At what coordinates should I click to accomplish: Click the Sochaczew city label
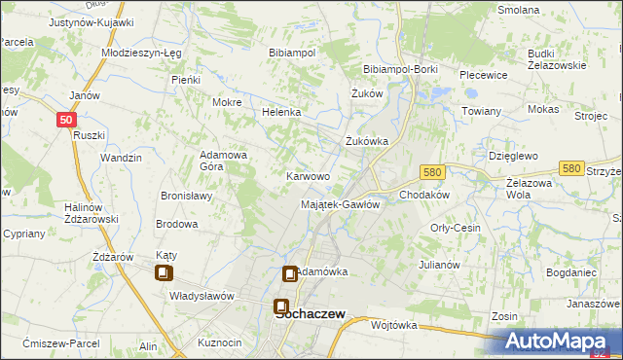(x=310, y=313)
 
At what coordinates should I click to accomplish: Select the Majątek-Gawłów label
(x=340, y=204)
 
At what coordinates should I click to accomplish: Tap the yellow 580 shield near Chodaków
(x=433, y=172)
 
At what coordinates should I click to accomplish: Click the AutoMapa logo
(x=562, y=342)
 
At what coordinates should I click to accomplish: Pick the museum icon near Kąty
(x=165, y=274)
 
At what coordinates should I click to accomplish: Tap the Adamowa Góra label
(x=224, y=161)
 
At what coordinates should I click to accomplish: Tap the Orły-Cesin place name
(x=456, y=228)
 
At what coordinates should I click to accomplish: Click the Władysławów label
(x=203, y=296)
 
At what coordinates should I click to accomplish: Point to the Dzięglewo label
(x=514, y=155)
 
